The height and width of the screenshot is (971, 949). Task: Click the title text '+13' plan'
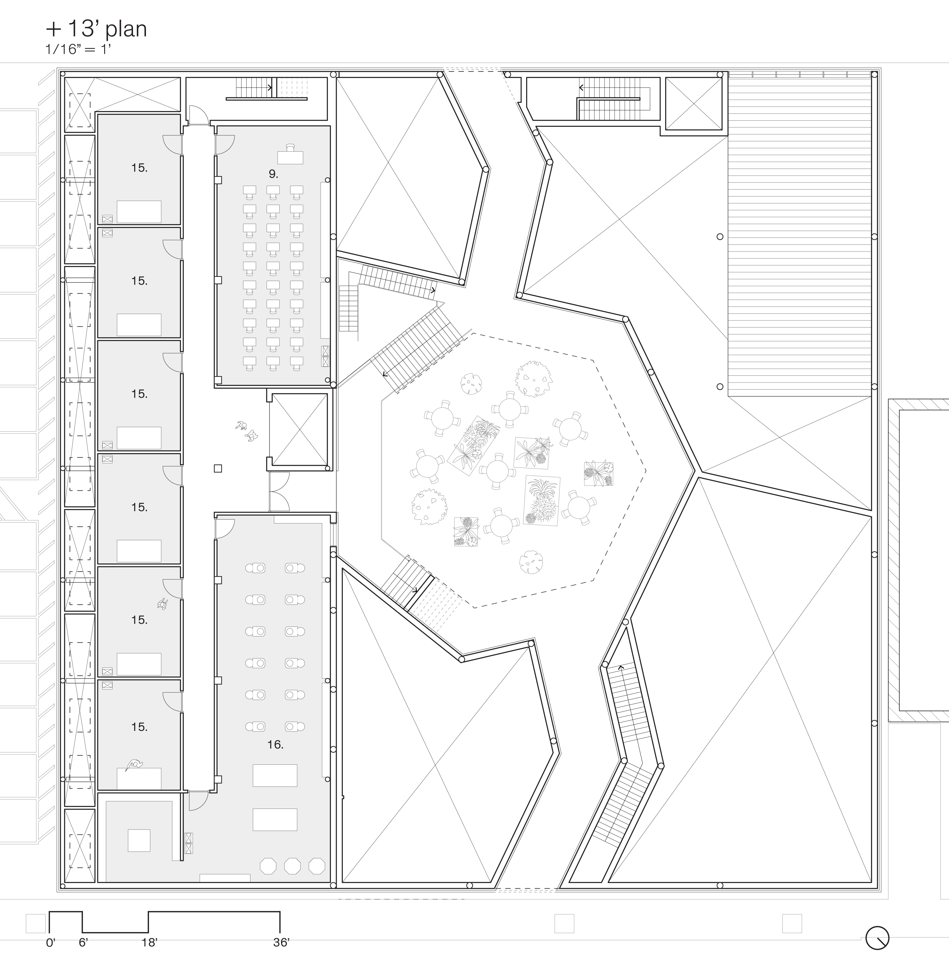click(x=96, y=29)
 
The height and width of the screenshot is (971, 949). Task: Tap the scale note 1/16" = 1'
click(x=77, y=49)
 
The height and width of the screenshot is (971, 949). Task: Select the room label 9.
click(x=273, y=174)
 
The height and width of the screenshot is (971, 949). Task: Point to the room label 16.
click(x=275, y=745)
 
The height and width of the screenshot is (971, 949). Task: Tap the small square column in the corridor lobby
click(x=218, y=468)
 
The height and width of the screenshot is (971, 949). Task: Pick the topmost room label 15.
click(x=139, y=168)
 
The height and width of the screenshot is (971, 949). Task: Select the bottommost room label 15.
click(x=139, y=727)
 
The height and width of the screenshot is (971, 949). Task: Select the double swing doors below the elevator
click(x=279, y=491)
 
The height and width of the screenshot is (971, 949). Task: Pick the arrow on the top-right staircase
click(x=581, y=88)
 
